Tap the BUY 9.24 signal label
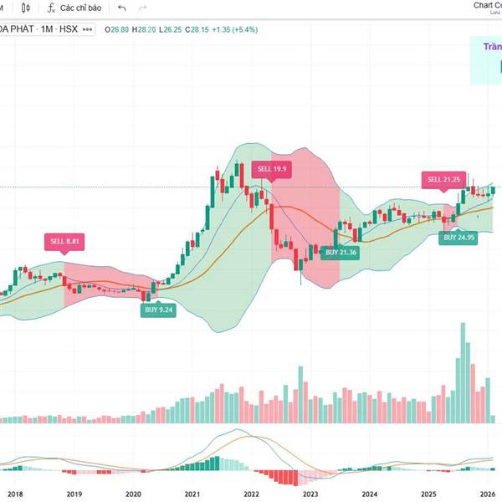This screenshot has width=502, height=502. pyautogui.click(x=157, y=310)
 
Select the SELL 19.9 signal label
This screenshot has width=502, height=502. pyautogui.click(x=272, y=168)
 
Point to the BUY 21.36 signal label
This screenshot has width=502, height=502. pyautogui.click(x=341, y=252)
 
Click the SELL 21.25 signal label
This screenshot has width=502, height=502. pyautogui.click(x=444, y=179)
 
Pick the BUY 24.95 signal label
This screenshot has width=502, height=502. pyautogui.click(x=459, y=238)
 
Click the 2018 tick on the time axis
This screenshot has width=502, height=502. pyautogui.click(x=15, y=494)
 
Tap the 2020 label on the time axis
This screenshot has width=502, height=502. pyautogui.click(x=133, y=494)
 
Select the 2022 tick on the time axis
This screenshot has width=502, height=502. pyautogui.click(x=251, y=494)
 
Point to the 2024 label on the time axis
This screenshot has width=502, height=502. pyautogui.click(x=369, y=494)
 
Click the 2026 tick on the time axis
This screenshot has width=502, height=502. pyautogui.click(x=488, y=494)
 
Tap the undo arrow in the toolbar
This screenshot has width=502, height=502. pyautogui.click(x=122, y=8)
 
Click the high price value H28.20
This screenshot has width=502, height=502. pyautogui.click(x=146, y=28)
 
